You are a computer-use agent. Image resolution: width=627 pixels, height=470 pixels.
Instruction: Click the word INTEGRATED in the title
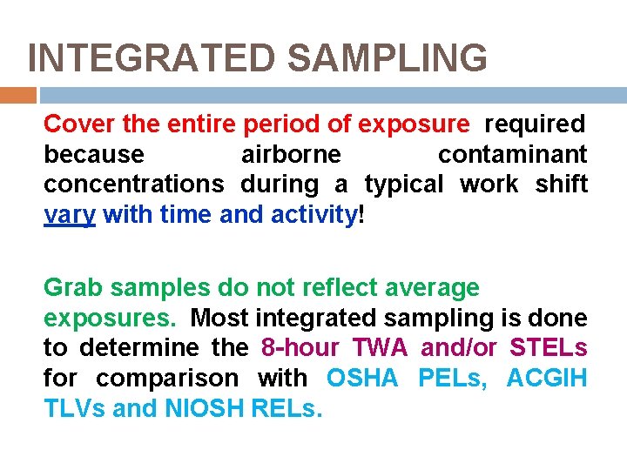[x=152, y=58]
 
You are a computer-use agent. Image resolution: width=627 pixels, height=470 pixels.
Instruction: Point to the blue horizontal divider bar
[x=332, y=95]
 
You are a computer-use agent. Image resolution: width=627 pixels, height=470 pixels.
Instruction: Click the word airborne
[x=291, y=155]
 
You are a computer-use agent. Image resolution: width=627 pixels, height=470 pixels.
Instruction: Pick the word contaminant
[x=512, y=155]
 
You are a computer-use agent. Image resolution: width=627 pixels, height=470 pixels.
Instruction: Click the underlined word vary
[x=70, y=215]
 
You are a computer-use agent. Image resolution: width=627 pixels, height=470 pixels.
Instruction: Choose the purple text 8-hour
[x=300, y=348]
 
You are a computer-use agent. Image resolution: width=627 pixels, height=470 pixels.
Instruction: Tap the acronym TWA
[x=380, y=348]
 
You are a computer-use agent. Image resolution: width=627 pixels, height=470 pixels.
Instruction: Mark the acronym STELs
[x=548, y=348]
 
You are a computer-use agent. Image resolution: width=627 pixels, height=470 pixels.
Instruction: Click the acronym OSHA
[x=362, y=379]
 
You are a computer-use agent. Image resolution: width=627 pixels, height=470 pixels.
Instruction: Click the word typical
[x=403, y=185]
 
